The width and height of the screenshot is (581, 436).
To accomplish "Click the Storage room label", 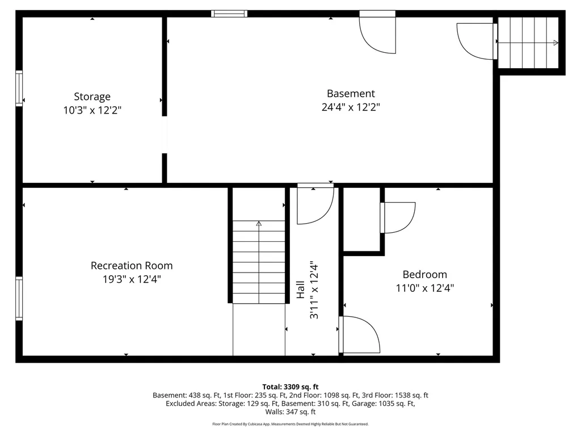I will click(92, 97).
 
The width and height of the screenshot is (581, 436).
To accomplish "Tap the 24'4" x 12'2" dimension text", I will click(351, 107).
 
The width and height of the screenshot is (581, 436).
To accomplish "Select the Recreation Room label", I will click(132, 265).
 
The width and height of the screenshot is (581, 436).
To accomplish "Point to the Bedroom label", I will click(424, 274).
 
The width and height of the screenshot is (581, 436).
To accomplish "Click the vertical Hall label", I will click(301, 290).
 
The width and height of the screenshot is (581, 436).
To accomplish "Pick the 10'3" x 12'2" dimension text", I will click(92, 110).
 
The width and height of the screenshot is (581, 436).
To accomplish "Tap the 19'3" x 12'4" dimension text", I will click(132, 279).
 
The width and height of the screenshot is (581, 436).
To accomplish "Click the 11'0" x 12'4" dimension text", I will click(424, 288).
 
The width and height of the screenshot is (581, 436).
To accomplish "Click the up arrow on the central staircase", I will click(259, 224).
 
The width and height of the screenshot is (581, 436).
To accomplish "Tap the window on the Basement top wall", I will click(229, 14).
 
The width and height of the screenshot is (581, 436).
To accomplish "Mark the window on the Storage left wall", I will click(19, 88).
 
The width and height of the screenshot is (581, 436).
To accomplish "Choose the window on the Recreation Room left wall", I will click(19, 299).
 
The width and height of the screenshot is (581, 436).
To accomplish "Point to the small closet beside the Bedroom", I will click(362, 219).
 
